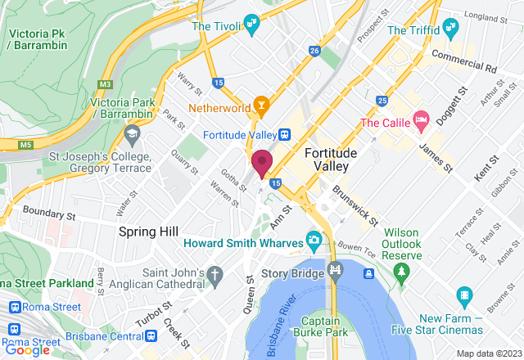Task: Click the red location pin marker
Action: [262, 162]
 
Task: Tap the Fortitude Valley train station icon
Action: [283, 135]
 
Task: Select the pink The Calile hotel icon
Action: [422, 121]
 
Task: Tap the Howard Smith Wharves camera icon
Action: [313, 242]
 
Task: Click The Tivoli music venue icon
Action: [251, 25]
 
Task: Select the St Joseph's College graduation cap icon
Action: [132, 132]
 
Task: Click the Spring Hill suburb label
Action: [148, 232]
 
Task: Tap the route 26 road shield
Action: [314, 51]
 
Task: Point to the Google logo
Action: [27, 349]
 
